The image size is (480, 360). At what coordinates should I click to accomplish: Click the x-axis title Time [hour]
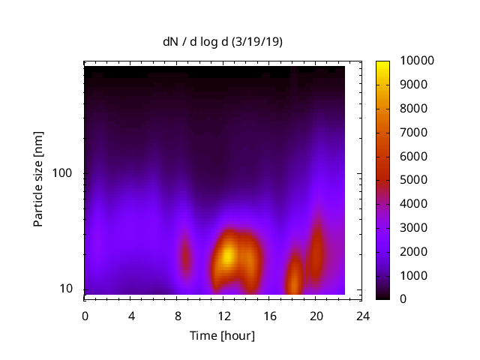point(222,335)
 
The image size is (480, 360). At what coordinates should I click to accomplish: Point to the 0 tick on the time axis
point(85,315)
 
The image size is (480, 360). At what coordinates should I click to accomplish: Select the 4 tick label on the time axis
point(131,315)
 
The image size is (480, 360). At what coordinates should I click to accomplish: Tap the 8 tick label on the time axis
point(177,315)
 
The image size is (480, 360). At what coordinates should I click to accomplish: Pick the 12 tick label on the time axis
point(223,315)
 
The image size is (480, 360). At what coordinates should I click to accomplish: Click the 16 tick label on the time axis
point(269,315)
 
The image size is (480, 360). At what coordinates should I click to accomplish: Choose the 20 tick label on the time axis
point(316,315)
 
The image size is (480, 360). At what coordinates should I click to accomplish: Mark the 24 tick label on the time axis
point(362,315)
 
